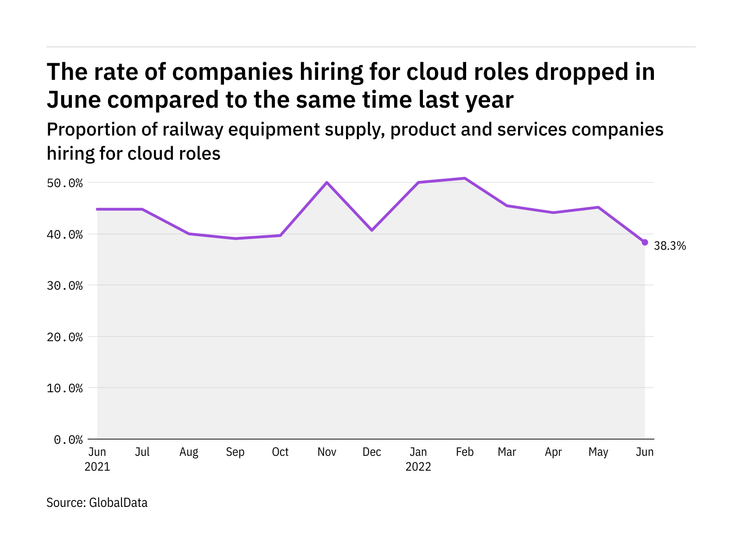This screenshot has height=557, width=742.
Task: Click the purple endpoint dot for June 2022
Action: tap(645, 242)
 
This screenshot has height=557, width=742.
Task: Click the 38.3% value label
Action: tap(670, 246)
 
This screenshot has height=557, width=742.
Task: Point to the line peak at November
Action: tap(327, 182)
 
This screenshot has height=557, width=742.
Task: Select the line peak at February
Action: tap(465, 178)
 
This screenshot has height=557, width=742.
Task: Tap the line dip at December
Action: tap(372, 230)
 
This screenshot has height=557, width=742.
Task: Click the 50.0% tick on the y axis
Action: tap(65, 183)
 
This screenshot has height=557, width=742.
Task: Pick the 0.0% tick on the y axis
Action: tap(69, 439)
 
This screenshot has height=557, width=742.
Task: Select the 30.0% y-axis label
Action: tap(65, 285)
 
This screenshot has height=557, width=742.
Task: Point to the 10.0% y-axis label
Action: tap(65, 388)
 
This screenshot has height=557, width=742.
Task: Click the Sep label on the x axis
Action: tap(235, 452)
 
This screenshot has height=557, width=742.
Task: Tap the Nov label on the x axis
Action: tap(327, 452)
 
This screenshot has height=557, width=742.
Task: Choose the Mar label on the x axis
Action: tap(507, 452)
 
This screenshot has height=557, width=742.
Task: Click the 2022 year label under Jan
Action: tap(418, 467)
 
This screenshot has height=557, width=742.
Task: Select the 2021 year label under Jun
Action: tap(97, 467)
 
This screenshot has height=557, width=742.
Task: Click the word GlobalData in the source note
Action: tap(118, 503)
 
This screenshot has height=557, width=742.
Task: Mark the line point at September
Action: tap(235, 239)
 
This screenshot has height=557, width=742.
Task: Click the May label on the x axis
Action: tap(598, 452)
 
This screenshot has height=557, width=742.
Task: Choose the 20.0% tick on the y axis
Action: tap(65, 337)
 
